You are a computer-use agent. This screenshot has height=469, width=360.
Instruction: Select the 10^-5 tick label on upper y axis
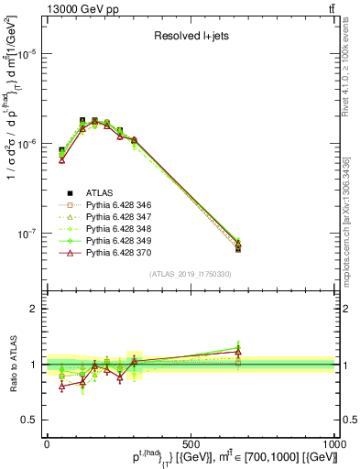tap(27, 54)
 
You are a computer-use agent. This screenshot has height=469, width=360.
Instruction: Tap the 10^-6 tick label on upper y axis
tap(27, 144)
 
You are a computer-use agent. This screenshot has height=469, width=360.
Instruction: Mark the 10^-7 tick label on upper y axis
tap(27, 234)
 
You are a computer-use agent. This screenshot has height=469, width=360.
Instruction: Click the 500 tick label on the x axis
tap(191, 443)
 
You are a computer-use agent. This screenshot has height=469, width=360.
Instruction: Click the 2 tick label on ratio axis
tap(36, 309)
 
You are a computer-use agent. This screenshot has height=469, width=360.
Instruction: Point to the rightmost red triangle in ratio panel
tap(238, 352)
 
